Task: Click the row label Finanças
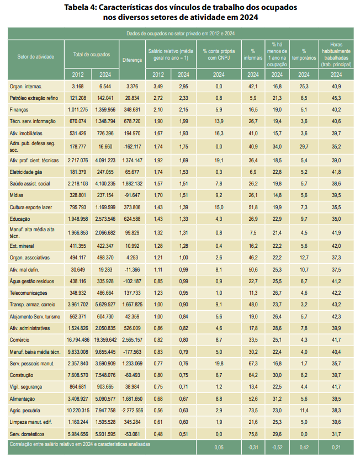click(x=19, y=110)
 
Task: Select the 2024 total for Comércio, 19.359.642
click(x=105, y=340)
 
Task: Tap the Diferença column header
click(x=132, y=60)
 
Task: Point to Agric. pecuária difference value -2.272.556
click(x=132, y=411)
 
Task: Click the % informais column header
click(x=253, y=55)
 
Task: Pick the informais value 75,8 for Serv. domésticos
click(x=253, y=434)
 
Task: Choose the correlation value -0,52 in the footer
click(x=277, y=447)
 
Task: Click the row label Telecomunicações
click(x=28, y=293)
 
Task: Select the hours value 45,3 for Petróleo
click(x=336, y=98)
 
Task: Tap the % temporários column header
click(x=304, y=55)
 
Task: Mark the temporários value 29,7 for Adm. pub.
click(x=304, y=147)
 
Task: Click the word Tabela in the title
click(x=76, y=8)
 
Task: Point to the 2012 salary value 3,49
click(x=158, y=87)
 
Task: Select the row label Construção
click(x=22, y=375)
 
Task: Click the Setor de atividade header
click(x=35, y=57)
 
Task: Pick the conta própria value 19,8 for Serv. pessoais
click(x=219, y=363)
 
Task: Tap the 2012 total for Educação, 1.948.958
click(x=78, y=219)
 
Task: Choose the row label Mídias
click(x=17, y=195)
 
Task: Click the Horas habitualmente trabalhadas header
click(x=336, y=55)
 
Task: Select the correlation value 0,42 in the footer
click(x=304, y=447)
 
